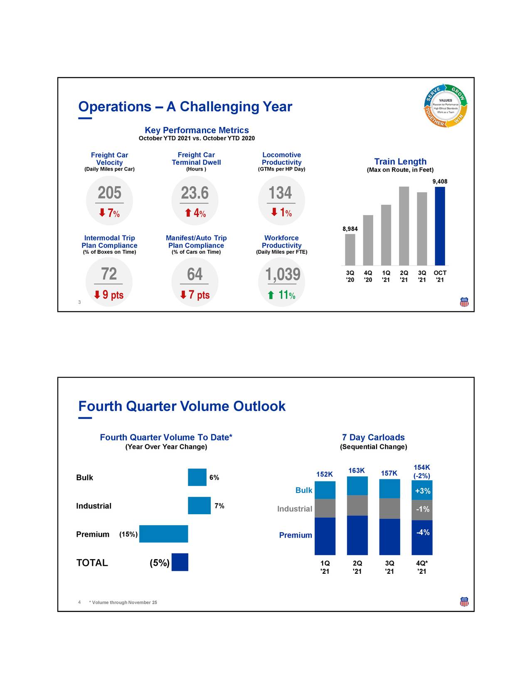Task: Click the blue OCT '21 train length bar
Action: coord(440,226)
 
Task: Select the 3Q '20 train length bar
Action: coord(350,250)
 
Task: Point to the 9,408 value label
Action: coord(440,181)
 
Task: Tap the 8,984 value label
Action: coord(350,229)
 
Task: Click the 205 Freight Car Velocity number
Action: coord(109,193)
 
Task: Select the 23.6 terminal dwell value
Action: coord(195,193)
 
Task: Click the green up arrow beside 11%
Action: coord(271,295)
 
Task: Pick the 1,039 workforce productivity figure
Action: coord(283,275)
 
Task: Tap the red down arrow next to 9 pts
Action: coord(97,295)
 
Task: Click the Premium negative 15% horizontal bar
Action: coord(163,534)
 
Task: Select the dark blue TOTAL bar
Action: coord(180,562)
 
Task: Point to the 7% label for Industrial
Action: coord(219,506)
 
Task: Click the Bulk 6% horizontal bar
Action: coord(197,477)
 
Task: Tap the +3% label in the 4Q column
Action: coord(422,491)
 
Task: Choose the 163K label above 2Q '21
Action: coord(356,471)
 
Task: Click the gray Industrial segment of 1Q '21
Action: coord(325,508)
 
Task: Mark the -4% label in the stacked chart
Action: coord(423,532)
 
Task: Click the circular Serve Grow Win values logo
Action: coord(446,106)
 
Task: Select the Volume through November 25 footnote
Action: coord(123,602)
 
